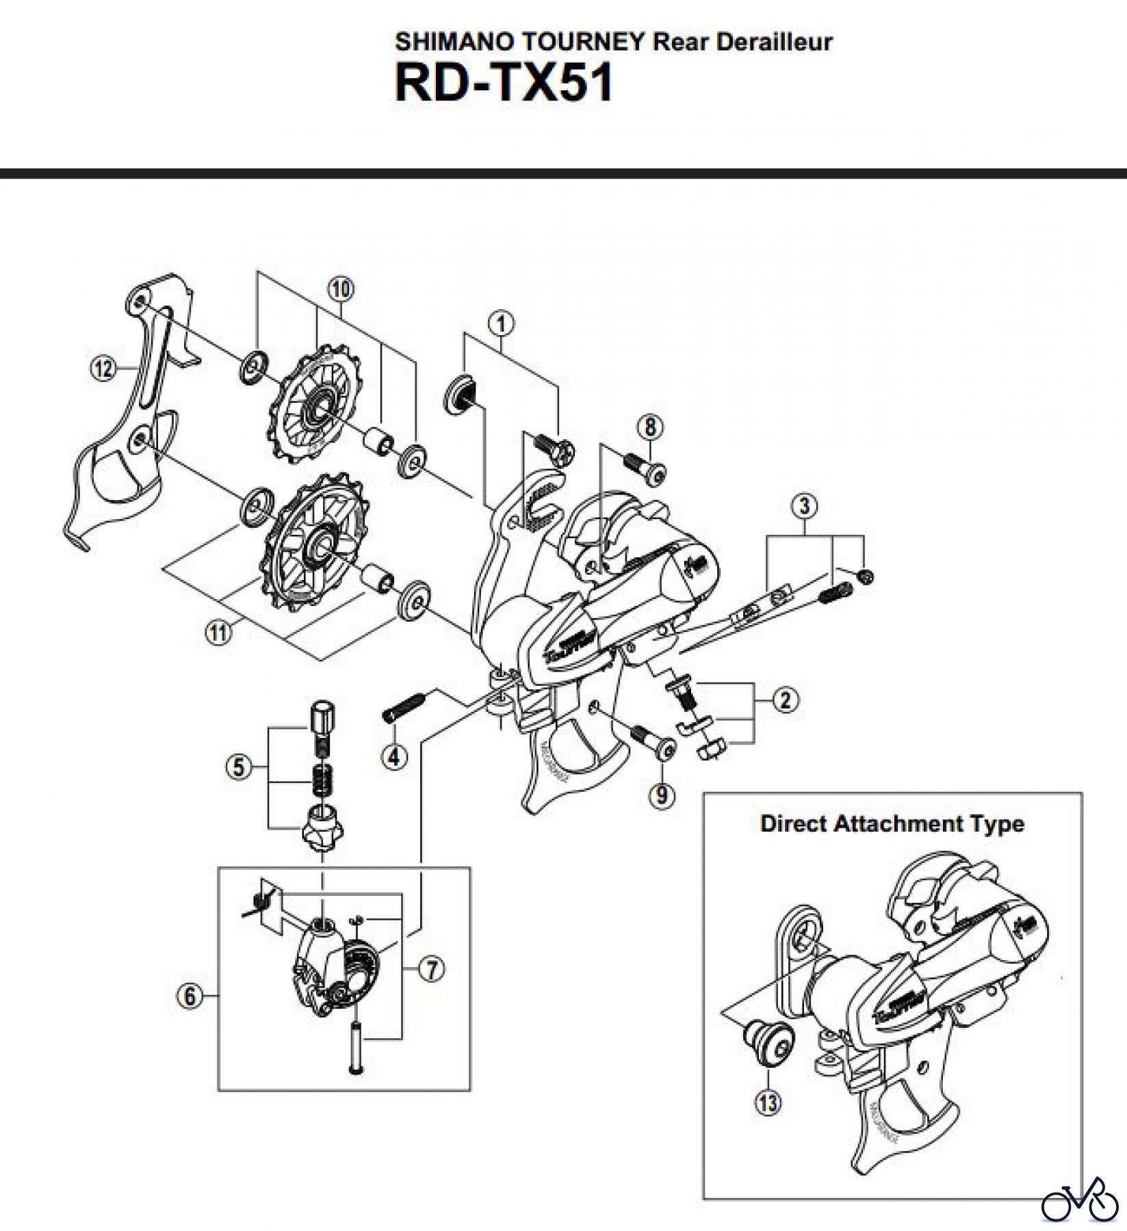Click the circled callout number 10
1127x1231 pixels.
(341, 289)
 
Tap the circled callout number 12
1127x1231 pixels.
(103, 369)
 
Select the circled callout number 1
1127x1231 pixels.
(502, 323)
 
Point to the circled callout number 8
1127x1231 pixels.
(649, 427)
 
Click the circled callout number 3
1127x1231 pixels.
(804, 507)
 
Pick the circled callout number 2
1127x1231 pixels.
(785, 700)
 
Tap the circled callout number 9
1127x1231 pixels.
(661, 795)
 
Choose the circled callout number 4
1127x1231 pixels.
(395, 756)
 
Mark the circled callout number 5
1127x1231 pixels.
(238, 767)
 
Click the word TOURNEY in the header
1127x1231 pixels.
(583, 42)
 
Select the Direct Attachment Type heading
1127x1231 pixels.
(892, 823)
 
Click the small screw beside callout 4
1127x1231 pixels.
(405, 706)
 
